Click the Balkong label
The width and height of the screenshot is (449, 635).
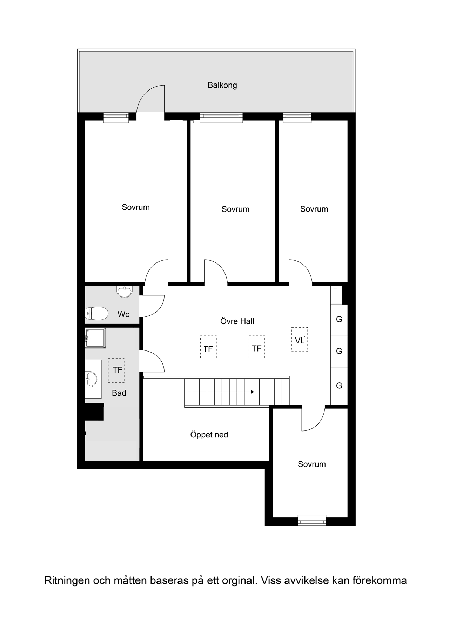tap(222, 85)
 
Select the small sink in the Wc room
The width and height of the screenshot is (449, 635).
tap(125, 292)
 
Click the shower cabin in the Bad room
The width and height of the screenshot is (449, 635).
tap(95, 338)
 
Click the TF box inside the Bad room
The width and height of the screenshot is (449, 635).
tap(116, 370)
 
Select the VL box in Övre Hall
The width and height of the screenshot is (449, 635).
tap(300, 340)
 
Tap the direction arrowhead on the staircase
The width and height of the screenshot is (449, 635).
tap(253, 392)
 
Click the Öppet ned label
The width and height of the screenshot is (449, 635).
tap(209, 435)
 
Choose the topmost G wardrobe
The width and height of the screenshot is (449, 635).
tap(339, 320)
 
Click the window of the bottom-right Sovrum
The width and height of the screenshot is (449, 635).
tap(312, 520)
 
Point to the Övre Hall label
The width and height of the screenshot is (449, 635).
tap(237, 321)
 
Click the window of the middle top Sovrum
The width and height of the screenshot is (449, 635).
tap(221, 118)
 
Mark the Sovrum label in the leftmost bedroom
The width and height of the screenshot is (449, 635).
tap(136, 207)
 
